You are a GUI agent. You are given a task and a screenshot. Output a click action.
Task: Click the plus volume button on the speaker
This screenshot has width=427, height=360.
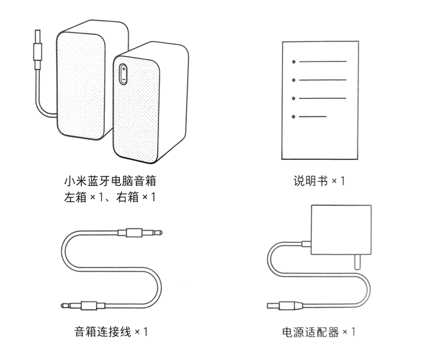click(124, 70)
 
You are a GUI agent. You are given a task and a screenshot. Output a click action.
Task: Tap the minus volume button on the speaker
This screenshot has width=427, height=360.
click(124, 80)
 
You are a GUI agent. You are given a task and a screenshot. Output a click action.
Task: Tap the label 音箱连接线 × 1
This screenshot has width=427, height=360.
click(111, 332)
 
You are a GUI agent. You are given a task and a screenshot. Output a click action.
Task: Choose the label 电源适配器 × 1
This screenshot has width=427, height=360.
click(319, 332)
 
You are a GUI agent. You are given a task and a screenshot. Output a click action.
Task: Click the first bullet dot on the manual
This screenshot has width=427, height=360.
click(294, 61)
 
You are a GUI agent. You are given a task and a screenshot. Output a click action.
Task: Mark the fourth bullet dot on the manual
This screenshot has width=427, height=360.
click(294, 116)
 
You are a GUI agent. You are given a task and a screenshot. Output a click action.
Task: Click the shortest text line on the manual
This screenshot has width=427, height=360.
click(312, 116)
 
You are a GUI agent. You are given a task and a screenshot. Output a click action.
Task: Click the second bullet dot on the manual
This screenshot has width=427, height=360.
click(294, 80)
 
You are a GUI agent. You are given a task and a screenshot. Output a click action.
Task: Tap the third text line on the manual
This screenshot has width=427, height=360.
click(322, 98)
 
